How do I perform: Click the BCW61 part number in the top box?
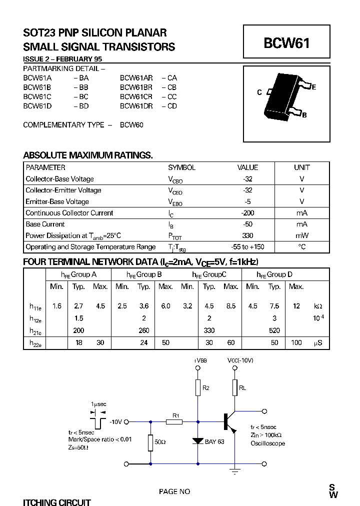click(x=286, y=43)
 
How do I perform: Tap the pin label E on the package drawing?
click(x=313, y=87)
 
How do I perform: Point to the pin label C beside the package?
click(x=259, y=92)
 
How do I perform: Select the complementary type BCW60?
click(x=131, y=125)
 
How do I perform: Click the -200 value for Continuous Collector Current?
click(x=247, y=213)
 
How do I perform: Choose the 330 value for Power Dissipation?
click(x=247, y=235)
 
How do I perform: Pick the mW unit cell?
click(x=301, y=235)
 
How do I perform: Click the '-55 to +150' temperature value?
click(x=247, y=247)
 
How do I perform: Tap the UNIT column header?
click(x=301, y=167)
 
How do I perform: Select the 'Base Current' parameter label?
click(x=45, y=224)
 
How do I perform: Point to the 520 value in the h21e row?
click(x=274, y=330)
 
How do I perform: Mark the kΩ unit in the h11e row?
click(x=318, y=306)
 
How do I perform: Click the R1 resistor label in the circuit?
click(x=175, y=415)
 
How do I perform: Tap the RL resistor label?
click(x=242, y=387)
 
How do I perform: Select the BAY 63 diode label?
click(x=215, y=441)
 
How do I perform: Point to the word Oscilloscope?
click(x=267, y=443)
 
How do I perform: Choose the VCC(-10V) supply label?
click(x=240, y=360)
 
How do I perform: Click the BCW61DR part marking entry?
click(x=136, y=106)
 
